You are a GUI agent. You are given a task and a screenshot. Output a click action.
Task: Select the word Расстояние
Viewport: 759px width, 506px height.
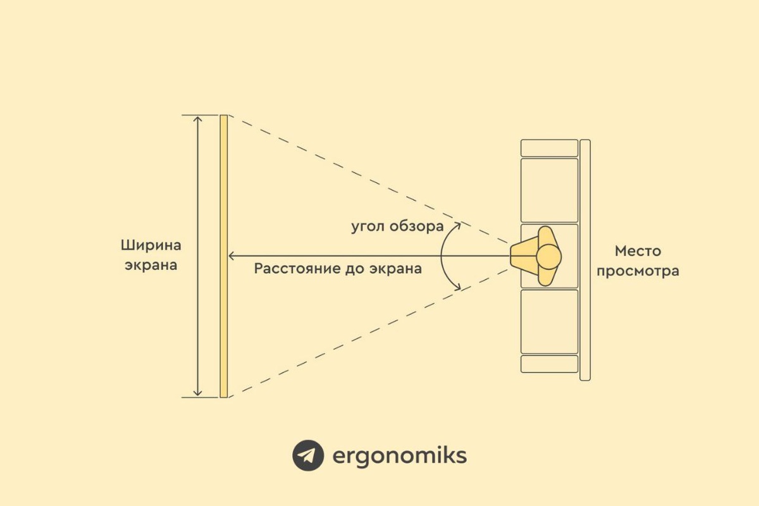293,268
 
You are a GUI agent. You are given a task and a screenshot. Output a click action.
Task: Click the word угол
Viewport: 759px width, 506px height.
367,226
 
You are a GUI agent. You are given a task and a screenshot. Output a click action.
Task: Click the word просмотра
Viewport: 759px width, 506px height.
638,271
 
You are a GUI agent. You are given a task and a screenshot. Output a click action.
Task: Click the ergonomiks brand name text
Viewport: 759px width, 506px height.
399,455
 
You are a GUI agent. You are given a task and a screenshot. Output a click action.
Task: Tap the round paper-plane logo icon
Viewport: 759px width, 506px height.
308,455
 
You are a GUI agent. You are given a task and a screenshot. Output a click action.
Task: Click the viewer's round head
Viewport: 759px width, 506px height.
548,256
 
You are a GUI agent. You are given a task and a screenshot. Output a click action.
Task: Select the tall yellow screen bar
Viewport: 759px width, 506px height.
223,256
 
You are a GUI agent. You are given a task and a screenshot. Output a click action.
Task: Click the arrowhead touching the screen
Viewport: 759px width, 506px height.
232,256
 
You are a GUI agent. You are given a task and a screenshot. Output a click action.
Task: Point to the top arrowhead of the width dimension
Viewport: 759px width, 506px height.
198,120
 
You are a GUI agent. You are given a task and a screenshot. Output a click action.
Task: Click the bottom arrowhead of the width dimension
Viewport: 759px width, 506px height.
198,393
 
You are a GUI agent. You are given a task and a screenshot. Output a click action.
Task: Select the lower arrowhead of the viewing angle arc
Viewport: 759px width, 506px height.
457,288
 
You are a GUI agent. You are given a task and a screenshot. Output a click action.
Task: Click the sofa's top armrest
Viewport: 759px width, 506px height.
549,147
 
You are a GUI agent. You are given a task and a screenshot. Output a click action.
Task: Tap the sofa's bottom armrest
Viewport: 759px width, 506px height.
549,364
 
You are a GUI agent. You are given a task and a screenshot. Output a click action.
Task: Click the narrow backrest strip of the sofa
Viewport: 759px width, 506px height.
585,259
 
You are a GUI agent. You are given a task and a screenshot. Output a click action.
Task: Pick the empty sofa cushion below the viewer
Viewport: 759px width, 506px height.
549,321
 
